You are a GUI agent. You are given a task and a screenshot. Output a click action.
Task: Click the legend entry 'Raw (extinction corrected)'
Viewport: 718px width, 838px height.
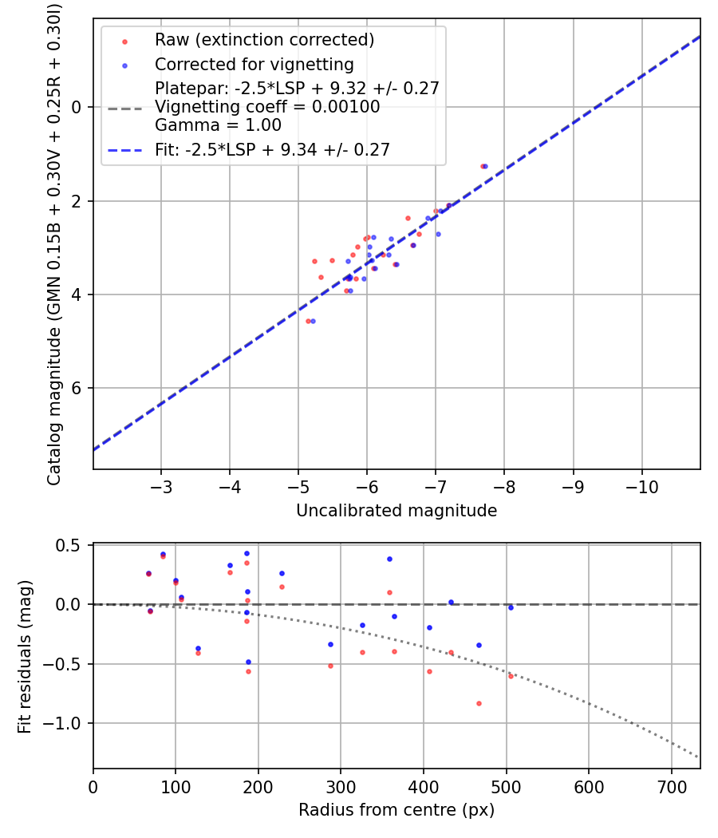264,40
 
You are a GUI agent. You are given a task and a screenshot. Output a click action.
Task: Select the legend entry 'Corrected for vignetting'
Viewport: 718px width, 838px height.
254,65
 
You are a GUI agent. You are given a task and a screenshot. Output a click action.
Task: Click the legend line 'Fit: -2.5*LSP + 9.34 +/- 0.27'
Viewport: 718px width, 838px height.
272,150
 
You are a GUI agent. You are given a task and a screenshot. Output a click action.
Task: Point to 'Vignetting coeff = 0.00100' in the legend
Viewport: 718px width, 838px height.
267,107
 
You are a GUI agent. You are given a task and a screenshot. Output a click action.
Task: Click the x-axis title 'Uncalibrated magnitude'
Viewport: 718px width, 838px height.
396,511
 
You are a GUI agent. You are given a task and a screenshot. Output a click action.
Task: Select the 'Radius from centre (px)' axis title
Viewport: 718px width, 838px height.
396,810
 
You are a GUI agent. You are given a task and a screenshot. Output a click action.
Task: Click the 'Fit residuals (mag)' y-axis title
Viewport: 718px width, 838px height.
25,656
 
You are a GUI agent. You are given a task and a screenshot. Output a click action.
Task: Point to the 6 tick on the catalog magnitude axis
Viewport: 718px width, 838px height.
78,389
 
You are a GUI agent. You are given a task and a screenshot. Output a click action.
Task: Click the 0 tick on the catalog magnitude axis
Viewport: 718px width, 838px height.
78,107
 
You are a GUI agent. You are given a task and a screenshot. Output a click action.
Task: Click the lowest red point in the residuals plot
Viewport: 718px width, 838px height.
479,703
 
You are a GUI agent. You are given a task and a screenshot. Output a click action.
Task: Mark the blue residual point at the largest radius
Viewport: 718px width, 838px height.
511,607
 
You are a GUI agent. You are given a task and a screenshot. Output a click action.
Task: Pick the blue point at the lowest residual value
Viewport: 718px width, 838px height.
248,662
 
